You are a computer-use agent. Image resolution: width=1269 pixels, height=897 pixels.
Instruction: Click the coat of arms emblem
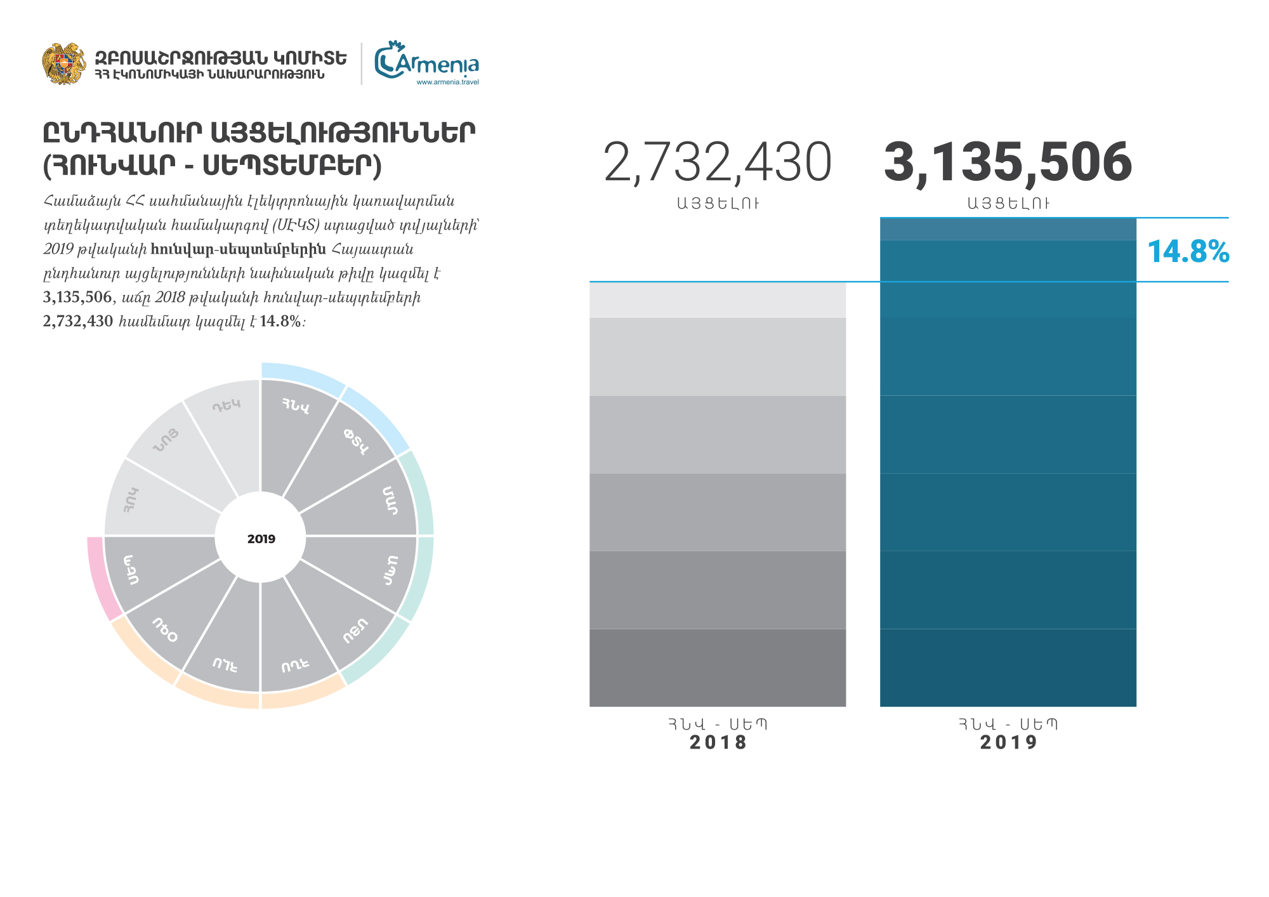coord(63,63)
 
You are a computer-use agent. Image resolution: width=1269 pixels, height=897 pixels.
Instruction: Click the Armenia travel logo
coord(426,62)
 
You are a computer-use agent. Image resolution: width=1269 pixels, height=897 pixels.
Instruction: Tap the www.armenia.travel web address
coord(447,82)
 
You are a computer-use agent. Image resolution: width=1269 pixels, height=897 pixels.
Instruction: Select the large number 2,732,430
coord(717,162)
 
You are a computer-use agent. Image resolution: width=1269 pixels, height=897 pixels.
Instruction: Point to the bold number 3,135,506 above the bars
coord(1008,162)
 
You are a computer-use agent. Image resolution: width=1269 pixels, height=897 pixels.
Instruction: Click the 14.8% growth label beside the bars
coord(1188,251)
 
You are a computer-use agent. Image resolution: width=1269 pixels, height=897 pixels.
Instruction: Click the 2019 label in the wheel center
coord(261,539)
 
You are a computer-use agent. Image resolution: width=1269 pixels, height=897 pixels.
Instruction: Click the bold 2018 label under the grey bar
coord(718,742)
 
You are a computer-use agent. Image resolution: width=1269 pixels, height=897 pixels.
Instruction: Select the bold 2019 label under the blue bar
coord(1008,742)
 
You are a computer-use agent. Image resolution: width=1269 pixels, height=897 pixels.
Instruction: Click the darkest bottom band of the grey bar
coord(718,667)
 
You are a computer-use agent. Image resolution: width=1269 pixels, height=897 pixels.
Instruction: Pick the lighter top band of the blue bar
coord(1008,229)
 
